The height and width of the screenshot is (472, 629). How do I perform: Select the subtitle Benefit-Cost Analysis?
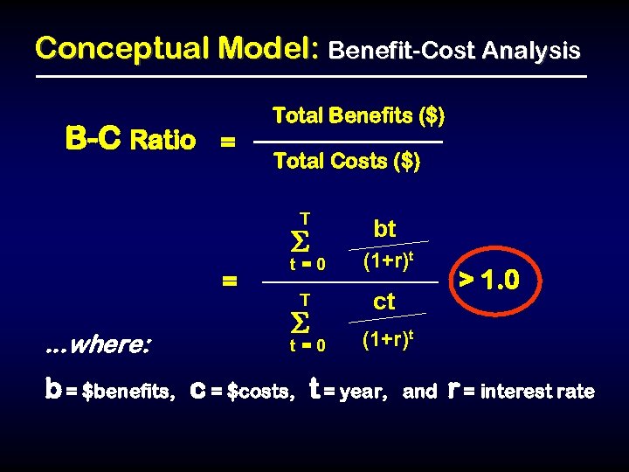(453, 52)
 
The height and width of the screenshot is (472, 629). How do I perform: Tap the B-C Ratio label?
(131, 140)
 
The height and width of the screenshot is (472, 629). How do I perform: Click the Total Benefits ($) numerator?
(358, 115)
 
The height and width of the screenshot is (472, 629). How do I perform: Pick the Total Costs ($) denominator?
(347, 162)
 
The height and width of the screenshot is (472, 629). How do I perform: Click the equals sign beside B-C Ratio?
(227, 142)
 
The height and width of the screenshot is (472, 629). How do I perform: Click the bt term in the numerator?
(384, 229)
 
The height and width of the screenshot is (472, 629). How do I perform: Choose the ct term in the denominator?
(384, 302)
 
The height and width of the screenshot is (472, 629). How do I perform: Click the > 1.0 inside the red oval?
(489, 281)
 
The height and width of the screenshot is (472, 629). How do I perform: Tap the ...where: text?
(97, 344)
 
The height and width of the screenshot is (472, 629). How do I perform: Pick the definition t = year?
(349, 391)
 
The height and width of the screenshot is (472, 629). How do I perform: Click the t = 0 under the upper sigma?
(308, 264)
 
